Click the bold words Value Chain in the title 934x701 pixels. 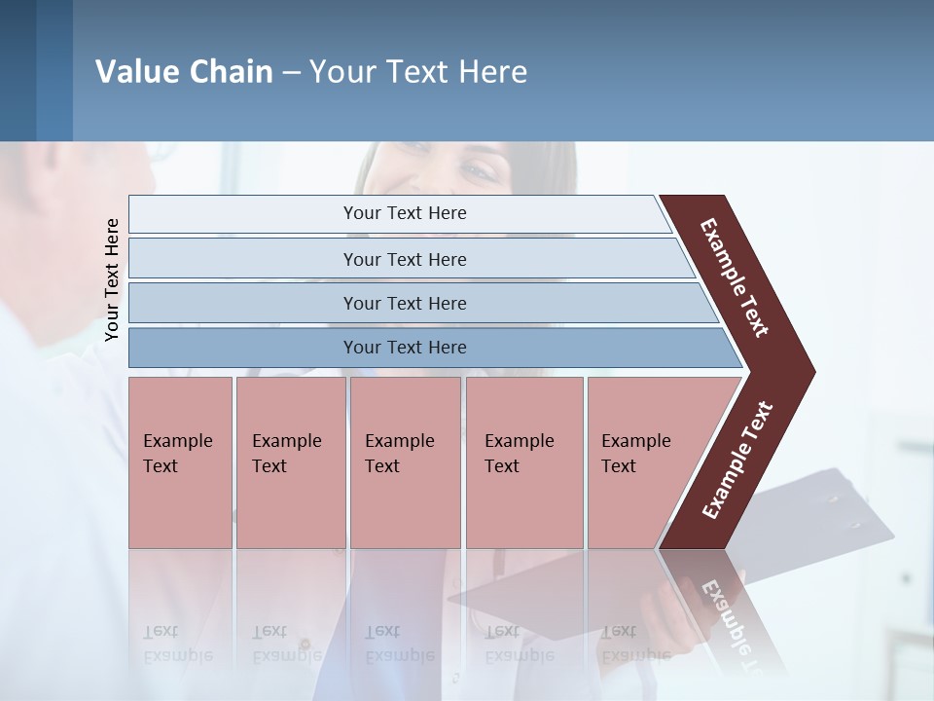[x=184, y=72]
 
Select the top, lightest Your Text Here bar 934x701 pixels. [x=405, y=213]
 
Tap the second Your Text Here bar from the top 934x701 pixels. [x=405, y=259]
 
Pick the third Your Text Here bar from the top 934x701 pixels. [x=405, y=303]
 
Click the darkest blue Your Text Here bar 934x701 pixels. [x=405, y=348]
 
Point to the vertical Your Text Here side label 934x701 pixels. [x=112, y=279]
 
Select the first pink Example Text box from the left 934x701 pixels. [x=180, y=462]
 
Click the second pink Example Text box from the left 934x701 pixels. [x=290, y=462]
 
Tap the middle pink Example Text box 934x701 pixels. [x=405, y=462]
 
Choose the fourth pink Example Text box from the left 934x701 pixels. [x=524, y=462]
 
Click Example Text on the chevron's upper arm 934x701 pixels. [x=735, y=277]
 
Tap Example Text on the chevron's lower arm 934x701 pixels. [x=737, y=461]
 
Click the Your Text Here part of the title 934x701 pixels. [x=418, y=72]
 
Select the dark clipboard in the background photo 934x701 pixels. [x=827, y=516]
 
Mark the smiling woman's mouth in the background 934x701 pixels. [x=418, y=180]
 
